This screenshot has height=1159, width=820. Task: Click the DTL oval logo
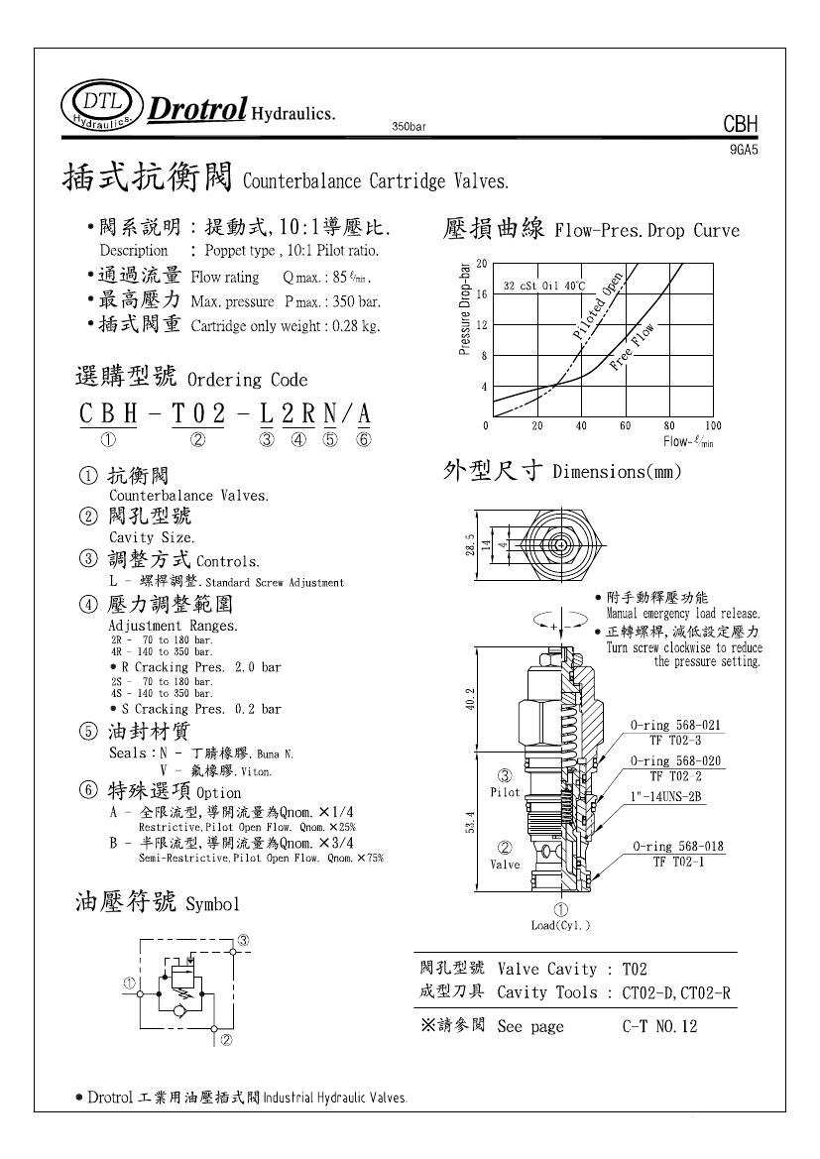(101, 105)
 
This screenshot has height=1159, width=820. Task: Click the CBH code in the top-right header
(740, 125)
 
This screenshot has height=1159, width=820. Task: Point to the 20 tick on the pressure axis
(482, 264)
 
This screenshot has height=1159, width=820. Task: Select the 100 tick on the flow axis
(712, 425)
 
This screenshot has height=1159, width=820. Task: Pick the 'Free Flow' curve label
(633, 347)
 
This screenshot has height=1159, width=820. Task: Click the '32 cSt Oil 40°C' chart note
(543, 285)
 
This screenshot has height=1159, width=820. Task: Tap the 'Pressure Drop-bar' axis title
(465, 309)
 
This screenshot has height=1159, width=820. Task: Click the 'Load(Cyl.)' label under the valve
(560, 925)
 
